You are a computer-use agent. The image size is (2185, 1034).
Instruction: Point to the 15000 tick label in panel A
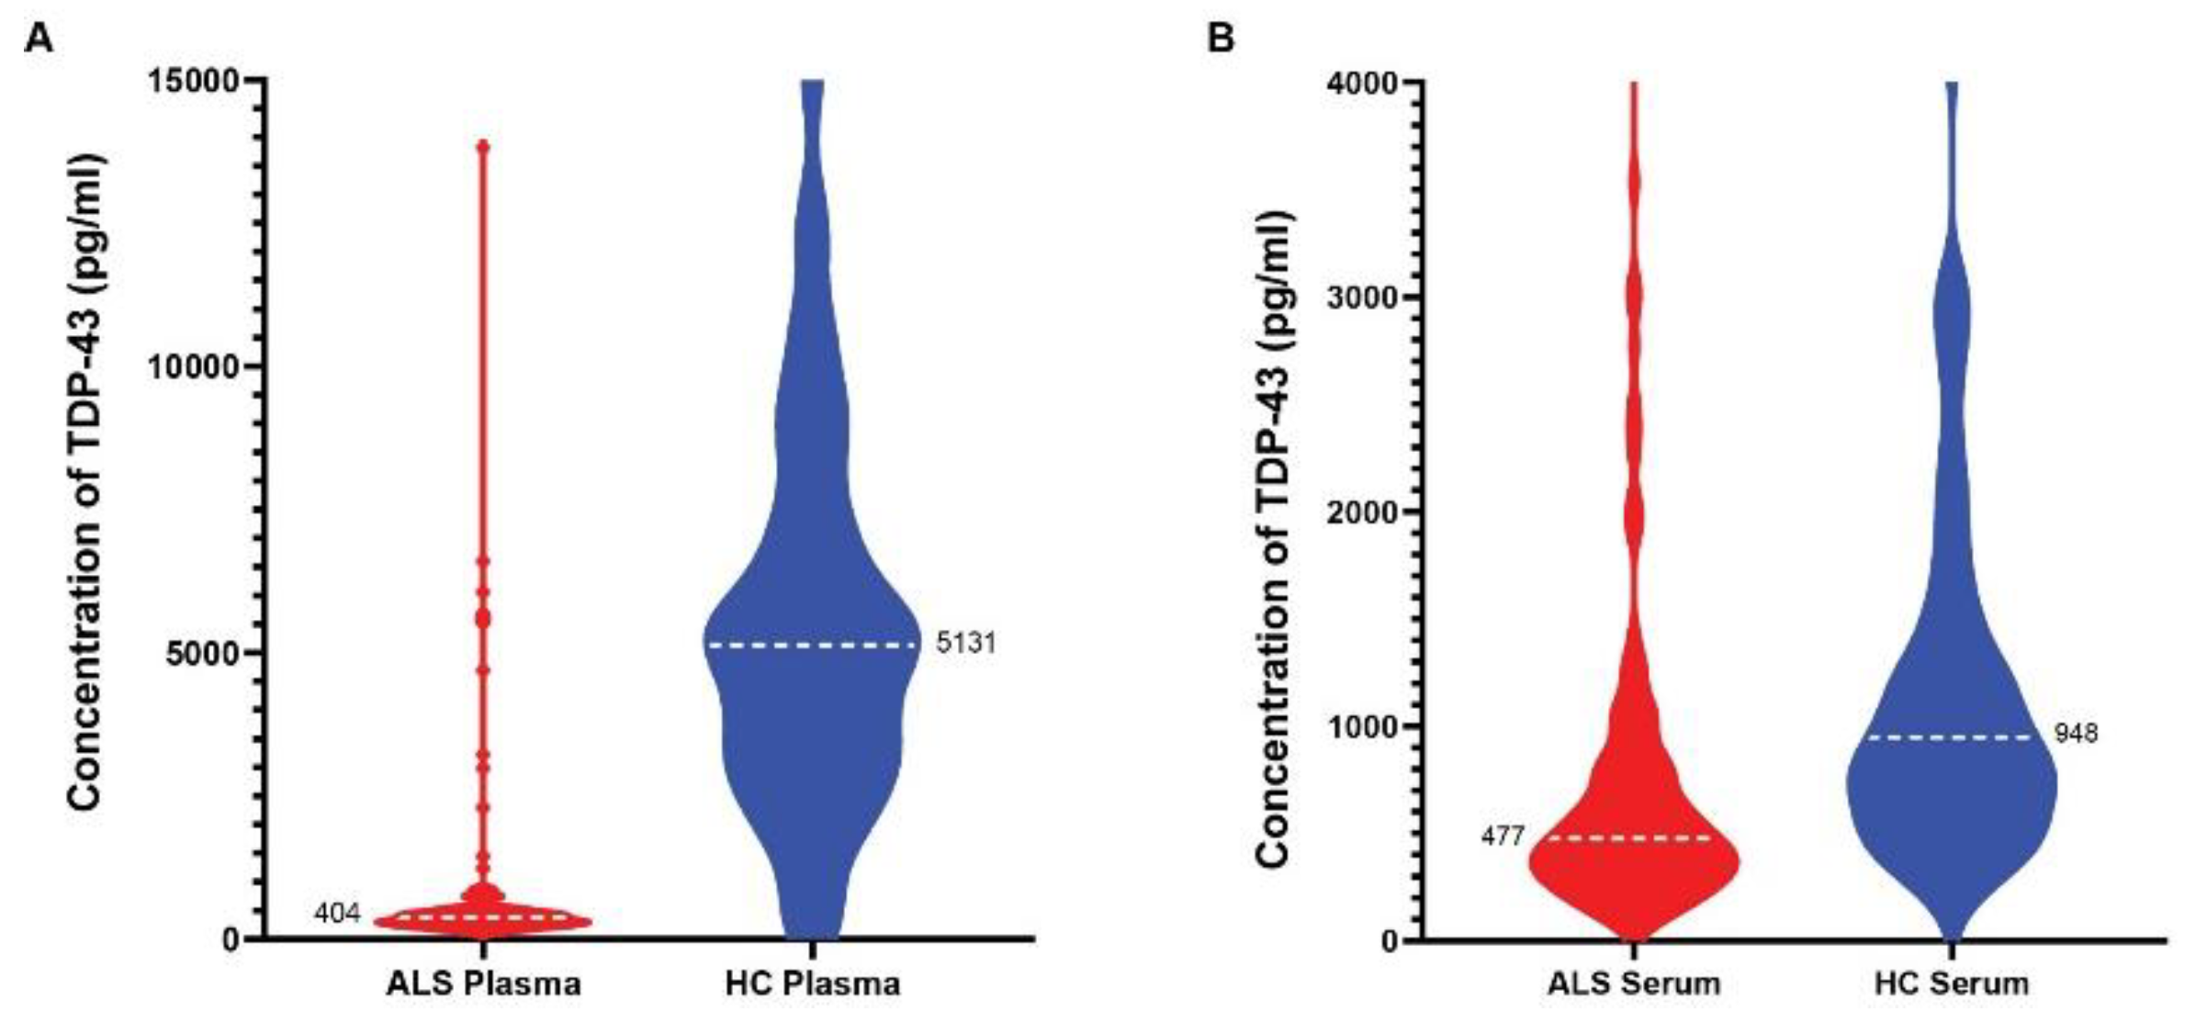click(194, 81)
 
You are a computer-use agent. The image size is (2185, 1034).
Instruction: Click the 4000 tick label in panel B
click(1362, 83)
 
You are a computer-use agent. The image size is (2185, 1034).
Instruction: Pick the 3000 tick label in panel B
click(1362, 298)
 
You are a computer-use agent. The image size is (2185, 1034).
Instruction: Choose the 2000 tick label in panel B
click(1362, 512)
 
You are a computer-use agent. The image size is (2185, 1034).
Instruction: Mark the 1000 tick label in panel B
click(1362, 726)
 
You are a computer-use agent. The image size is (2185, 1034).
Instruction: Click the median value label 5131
click(966, 643)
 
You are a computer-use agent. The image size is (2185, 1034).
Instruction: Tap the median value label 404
click(337, 914)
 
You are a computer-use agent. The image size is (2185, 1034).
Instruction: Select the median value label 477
click(1503, 837)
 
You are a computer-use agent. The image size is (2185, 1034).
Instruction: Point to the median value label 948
click(2077, 734)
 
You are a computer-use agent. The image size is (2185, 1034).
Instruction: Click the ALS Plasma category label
click(483, 984)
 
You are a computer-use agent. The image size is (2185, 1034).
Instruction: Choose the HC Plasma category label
click(812, 984)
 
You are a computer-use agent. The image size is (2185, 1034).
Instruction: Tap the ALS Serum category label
click(1633, 984)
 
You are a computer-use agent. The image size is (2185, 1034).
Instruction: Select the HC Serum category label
click(1952, 984)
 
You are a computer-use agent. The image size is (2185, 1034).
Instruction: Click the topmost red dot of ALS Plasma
click(483, 146)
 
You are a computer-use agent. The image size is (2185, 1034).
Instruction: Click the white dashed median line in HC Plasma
click(812, 646)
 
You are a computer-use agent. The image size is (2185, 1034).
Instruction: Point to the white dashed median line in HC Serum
click(1952, 737)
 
